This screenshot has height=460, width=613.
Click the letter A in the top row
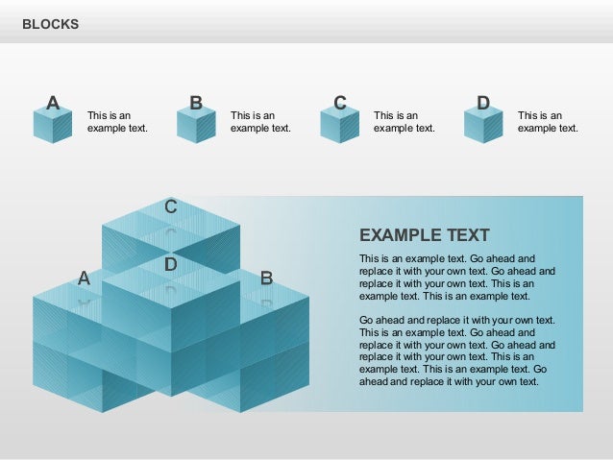(x=54, y=103)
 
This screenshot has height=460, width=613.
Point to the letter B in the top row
(x=196, y=103)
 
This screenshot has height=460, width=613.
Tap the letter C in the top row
(x=339, y=103)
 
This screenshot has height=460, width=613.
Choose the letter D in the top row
(x=483, y=103)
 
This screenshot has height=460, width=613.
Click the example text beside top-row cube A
(x=117, y=122)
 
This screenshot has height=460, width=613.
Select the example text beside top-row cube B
(x=260, y=122)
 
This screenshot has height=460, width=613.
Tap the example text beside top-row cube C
(x=404, y=122)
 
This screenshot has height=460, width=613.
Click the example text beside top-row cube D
(x=548, y=122)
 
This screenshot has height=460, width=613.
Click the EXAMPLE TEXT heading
(x=424, y=235)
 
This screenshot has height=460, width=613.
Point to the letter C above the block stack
(x=170, y=206)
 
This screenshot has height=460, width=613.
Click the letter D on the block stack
(x=170, y=263)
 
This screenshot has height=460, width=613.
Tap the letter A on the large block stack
(x=84, y=278)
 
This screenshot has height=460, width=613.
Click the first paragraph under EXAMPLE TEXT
(x=456, y=278)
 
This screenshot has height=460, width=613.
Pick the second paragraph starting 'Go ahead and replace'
(x=456, y=351)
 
